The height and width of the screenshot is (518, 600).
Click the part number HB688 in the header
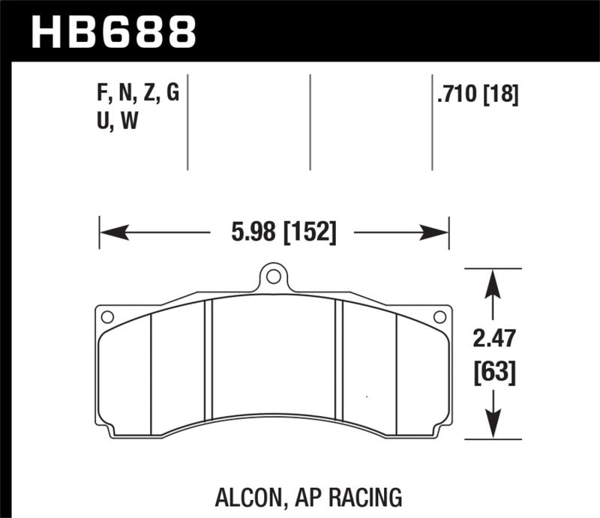tap(112, 31)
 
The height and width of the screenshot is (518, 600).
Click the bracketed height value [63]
tap(493, 371)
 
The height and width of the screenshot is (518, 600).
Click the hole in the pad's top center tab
tap(274, 277)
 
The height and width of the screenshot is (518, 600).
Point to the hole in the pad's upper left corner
tap(107, 317)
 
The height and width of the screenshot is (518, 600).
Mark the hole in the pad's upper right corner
tap(441, 317)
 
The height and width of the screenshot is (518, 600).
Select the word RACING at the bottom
tap(366, 497)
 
